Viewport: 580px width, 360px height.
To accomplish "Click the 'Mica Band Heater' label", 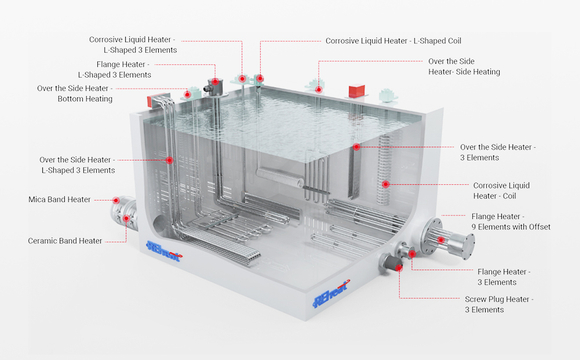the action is [x=60, y=199].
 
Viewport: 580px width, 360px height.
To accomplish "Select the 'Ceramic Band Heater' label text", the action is [x=65, y=241].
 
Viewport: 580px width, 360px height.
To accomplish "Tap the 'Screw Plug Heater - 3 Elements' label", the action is [x=499, y=304].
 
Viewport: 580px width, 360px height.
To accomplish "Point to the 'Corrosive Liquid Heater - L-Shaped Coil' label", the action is [x=393, y=41].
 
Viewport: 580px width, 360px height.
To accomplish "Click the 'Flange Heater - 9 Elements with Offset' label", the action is [x=510, y=222].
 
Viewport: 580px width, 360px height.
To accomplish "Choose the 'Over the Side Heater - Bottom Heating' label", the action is [x=74, y=94].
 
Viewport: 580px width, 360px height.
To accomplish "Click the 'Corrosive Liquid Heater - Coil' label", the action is [x=501, y=191].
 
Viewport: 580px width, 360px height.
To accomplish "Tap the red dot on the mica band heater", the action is [x=116, y=200].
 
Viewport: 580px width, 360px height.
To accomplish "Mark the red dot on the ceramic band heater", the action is [x=126, y=218].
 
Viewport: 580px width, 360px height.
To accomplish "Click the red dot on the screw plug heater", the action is [x=399, y=267].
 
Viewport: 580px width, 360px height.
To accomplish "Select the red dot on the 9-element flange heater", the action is [x=441, y=240].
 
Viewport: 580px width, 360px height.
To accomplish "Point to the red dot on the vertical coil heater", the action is [x=385, y=184].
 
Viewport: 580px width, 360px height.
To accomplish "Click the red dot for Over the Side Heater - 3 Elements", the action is [x=356, y=147].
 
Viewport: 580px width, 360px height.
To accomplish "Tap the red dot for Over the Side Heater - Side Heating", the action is [x=318, y=89].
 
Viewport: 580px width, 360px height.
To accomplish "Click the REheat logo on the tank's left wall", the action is [x=164, y=251].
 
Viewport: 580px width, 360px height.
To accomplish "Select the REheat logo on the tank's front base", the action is [x=331, y=294].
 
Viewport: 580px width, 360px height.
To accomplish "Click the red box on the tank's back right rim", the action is [x=357, y=91].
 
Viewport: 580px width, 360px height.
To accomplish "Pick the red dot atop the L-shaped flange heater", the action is [x=215, y=81].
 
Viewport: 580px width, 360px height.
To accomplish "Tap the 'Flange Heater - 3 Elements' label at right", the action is [x=503, y=277].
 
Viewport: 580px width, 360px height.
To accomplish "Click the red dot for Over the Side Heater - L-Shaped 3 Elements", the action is [x=169, y=160].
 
